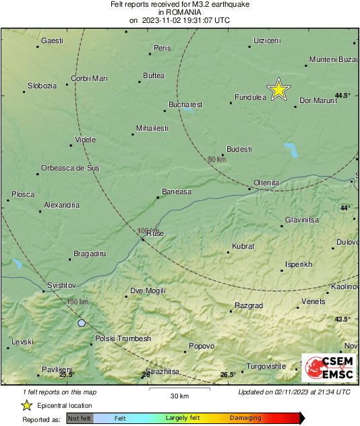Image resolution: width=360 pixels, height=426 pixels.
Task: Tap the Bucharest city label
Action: [185, 104]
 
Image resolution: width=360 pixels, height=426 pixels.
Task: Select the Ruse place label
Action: [155, 233]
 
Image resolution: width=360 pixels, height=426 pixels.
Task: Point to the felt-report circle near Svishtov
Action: [82, 324]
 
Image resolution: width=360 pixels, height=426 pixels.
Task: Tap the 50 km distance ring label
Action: [216, 159]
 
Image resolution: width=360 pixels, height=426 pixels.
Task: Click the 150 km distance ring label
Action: [78, 301]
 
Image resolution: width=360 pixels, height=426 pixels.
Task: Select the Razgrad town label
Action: [248, 305]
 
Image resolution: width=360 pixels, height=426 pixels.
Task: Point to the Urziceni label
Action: [266, 41]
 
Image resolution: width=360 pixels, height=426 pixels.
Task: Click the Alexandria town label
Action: [61, 205]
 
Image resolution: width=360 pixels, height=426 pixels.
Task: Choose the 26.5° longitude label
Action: [228, 374]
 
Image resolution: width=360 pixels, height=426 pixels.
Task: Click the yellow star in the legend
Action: [26, 405]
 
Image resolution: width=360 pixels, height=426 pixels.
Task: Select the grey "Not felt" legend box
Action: [80, 418]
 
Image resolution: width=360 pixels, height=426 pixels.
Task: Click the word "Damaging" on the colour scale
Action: [245, 418]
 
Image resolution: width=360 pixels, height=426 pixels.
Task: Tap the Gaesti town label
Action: [52, 40]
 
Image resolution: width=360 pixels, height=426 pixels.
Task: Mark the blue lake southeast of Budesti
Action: [291, 149]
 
